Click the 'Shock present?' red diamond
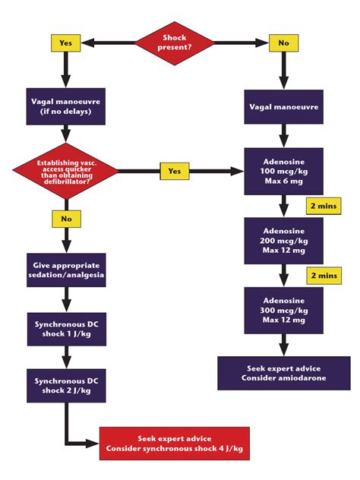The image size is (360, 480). tap(175, 43)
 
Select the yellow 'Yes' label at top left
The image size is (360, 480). tap(66, 43)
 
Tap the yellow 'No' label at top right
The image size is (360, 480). tap(283, 43)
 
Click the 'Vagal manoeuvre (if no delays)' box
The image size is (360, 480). tap(66, 106)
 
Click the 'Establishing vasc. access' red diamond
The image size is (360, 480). tap(66, 172)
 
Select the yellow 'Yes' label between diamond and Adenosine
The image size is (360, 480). tap(174, 172)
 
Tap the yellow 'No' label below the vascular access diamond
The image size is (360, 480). tap(66, 219)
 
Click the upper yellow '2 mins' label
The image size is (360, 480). tap(323, 206)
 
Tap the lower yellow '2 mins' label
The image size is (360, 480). tap(323, 274)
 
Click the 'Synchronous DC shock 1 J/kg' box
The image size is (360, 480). tap(66, 327)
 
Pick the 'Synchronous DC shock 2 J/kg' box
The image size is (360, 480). tap(66, 384)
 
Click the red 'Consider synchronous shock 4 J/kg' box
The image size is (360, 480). tap(174, 444)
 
